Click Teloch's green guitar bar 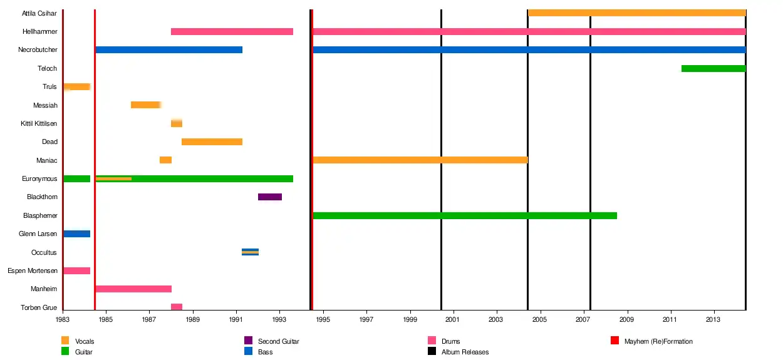713,68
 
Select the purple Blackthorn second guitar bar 270,197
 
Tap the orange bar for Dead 212,141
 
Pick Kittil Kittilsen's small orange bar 177,123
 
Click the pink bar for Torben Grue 177,307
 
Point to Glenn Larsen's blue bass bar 77,234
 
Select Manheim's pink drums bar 133,289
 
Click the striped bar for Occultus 251,252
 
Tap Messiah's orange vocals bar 146,105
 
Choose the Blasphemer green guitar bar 465,215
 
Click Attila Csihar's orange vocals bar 637,13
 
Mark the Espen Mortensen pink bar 77,270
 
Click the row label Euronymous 39,179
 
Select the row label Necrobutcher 38,49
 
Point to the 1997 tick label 366,319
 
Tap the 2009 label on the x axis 627,319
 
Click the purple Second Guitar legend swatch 248,341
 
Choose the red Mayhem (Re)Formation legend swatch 615,341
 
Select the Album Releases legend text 465,352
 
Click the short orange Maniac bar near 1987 166,160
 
